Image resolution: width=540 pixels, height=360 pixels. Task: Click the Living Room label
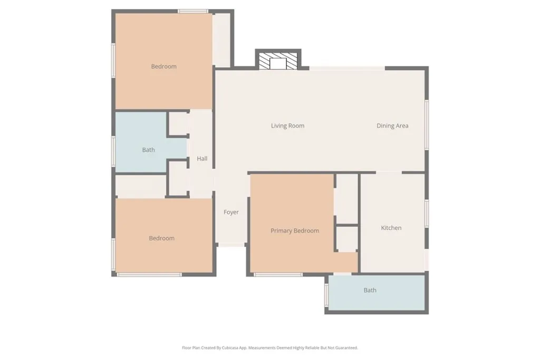pyautogui.click(x=287, y=126)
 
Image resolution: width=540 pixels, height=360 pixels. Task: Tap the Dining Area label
pyautogui.click(x=392, y=126)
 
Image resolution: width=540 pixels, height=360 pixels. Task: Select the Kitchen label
pyautogui.click(x=391, y=228)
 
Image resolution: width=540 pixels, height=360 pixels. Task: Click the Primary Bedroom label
pyautogui.click(x=295, y=231)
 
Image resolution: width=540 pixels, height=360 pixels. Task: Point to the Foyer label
pyautogui.click(x=231, y=212)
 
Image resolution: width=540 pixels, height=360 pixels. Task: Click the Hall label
pyautogui.click(x=202, y=159)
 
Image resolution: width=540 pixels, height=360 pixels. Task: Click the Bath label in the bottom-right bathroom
pyautogui.click(x=370, y=290)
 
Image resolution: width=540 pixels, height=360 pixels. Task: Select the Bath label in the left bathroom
pyautogui.click(x=148, y=150)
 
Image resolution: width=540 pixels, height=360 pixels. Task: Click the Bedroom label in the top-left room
pyautogui.click(x=163, y=66)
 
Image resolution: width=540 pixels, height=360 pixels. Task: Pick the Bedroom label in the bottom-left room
pyautogui.click(x=161, y=238)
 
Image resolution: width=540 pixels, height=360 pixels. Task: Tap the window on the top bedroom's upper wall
pyautogui.click(x=192, y=11)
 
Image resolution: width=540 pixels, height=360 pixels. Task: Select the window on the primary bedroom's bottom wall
pyautogui.click(x=278, y=275)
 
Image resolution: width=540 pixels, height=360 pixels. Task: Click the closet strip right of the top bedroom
pyautogui.click(x=222, y=40)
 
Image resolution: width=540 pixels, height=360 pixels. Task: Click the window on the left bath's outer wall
pyautogui.click(x=113, y=151)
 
